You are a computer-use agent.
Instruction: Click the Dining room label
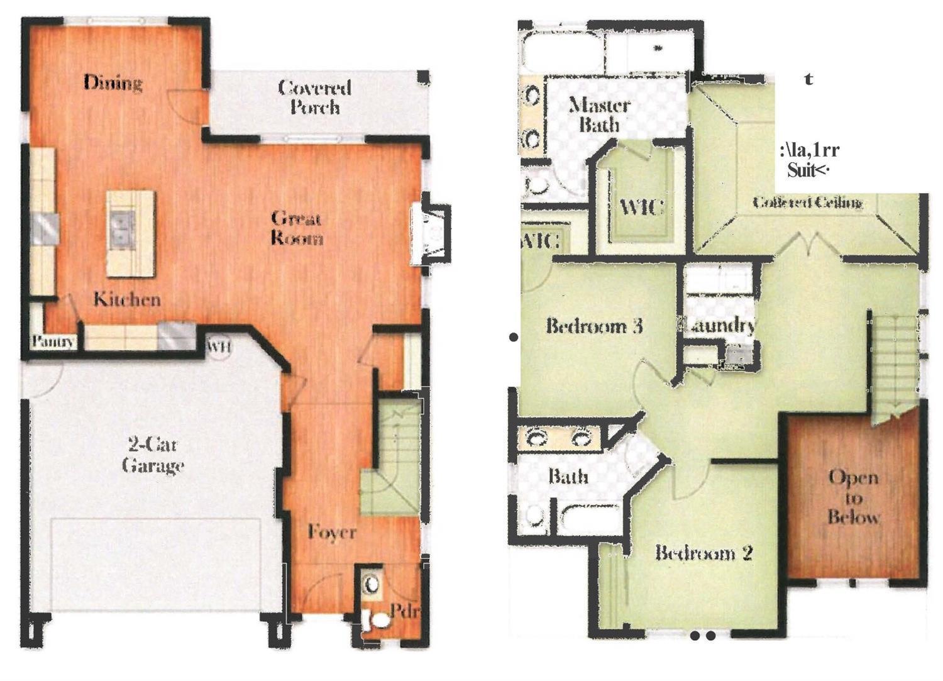[113, 82]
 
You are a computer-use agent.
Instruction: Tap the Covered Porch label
[314, 97]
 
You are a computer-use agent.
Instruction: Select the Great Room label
[297, 228]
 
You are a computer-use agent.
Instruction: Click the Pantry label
[53, 342]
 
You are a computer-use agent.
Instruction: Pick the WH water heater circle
[219, 346]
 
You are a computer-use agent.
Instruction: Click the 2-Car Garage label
[153, 455]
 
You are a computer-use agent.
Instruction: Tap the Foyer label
[332, 532]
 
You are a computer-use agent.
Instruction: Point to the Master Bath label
[598, 114]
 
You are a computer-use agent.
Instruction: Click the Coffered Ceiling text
[807, 202]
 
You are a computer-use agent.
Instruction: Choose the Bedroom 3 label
[594, 326]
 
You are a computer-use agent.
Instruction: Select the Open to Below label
[852, 497]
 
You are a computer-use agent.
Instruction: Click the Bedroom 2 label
[703, 553]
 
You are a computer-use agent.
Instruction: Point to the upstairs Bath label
[568, 476]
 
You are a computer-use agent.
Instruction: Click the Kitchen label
[127, 299]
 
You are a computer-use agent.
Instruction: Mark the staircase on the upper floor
[893, 365]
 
